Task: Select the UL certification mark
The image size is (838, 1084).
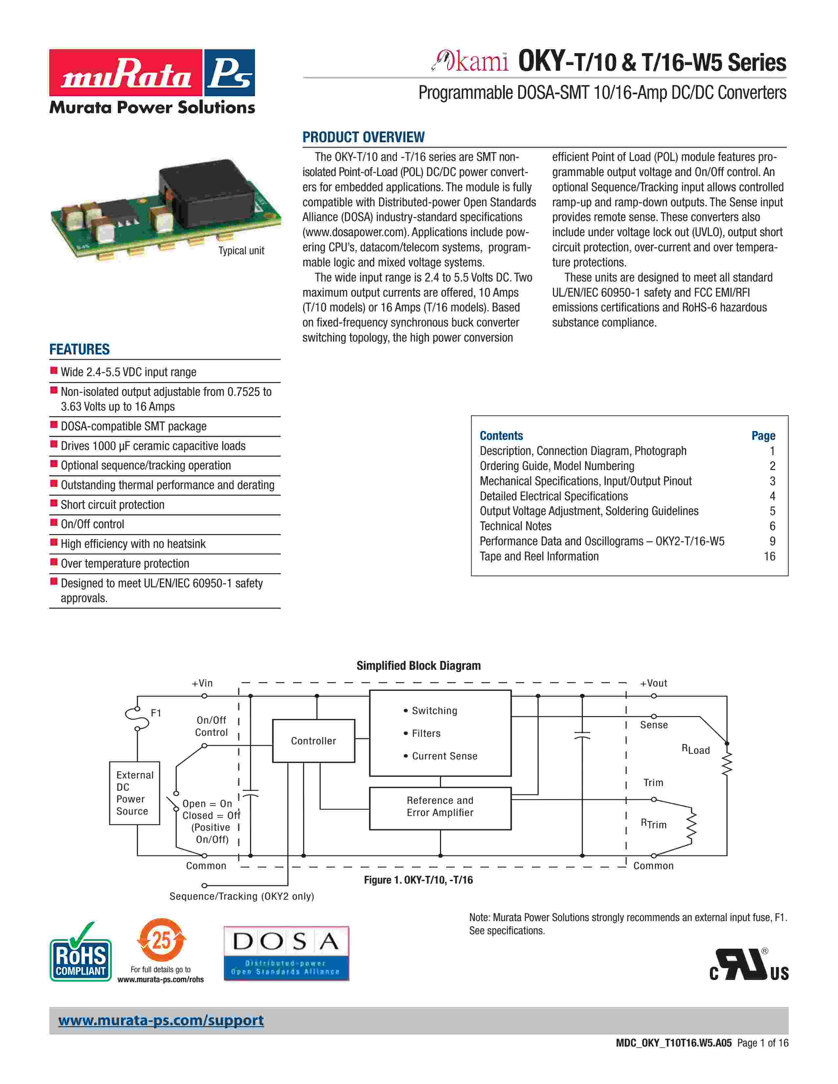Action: [749, 965]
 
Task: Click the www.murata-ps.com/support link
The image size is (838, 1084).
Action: [161, 1021]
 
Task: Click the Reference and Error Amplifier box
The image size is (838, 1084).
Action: [440, 808]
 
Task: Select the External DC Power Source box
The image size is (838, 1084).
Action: [134, 793]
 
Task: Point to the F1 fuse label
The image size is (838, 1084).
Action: [156, 713]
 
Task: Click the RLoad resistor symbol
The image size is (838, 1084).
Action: [727, 764]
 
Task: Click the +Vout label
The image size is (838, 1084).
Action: [653, 683]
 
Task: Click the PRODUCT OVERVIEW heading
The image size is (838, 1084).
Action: [363, 137]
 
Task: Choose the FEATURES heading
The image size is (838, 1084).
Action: [80, 350]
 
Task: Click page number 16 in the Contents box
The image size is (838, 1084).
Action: [770, 556]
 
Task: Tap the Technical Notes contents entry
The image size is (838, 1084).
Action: [515, 526]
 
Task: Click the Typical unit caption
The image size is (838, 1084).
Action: [241, 251]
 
